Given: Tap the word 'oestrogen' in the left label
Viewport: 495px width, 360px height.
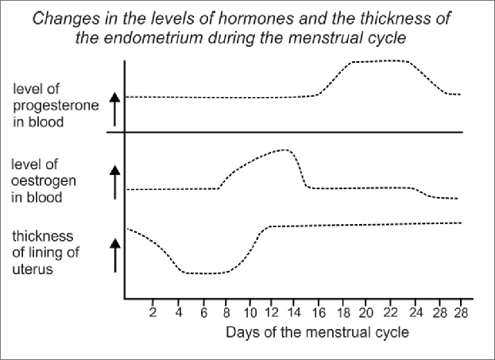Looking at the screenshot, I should (x=39, y=181).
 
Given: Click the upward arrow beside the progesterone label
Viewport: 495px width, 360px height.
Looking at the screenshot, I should (x=114, y=109).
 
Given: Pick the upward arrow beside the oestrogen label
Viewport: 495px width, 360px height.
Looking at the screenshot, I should (x=114, y=181).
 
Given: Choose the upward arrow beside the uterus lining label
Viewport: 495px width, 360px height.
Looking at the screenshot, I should (x=114, y=255).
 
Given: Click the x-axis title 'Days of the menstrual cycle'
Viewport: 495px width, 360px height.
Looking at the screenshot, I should (x=316, y=332).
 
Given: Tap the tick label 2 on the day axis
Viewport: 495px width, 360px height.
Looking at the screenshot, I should (x=153, y=312).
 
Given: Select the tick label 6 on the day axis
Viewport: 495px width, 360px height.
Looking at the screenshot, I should (x=203, y=312).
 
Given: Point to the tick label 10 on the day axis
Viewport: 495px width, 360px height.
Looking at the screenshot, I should (x=251, y=312).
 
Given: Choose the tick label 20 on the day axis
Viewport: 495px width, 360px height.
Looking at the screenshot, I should (x=365, y=312).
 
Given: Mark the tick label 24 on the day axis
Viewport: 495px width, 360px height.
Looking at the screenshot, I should (x=415, y=312).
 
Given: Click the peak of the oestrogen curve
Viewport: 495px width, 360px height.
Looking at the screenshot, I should (x=284, y=150).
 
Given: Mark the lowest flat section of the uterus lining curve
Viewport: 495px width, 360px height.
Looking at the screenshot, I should (x=203, y=273).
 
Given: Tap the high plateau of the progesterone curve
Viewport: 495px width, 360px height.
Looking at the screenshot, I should (x=381, y=61).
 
